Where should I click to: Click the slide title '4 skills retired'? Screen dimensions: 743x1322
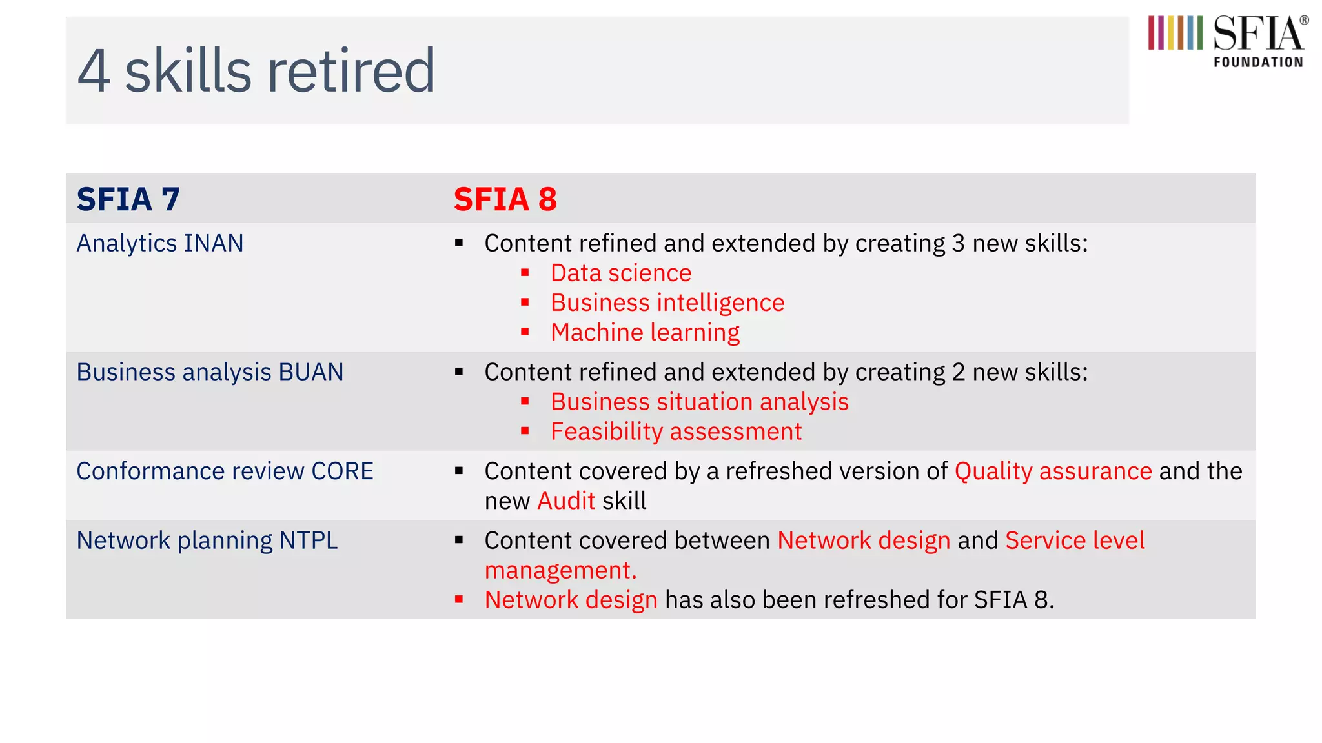tap(256, 71)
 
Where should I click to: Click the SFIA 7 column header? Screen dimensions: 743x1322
tap(128, 199)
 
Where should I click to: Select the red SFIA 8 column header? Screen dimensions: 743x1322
tap(505, 199)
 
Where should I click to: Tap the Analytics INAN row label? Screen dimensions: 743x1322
tap(160, 243)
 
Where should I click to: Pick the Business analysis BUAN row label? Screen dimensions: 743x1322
tap(210, 372)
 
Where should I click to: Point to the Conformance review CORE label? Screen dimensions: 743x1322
tap(225, 471)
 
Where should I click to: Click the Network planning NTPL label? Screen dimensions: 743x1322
tap(207, 540)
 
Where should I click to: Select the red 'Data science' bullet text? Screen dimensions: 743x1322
tap(620, 273)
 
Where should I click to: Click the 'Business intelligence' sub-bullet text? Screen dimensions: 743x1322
tap(667, 302)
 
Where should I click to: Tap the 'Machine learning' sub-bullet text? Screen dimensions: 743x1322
tap(645, 332)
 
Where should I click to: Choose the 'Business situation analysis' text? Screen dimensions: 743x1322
tap(699, 402)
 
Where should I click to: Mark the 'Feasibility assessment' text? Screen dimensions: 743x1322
tap(676, 431)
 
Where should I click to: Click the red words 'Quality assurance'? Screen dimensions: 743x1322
tap(1053, 471)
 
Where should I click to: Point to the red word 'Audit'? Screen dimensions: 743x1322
tap(566, 500)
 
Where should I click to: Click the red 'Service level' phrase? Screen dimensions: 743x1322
tap(1075, 540)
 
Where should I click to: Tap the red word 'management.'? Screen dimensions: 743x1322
tap(560, 570)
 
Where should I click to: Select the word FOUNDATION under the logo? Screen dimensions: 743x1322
tap(1258, 63)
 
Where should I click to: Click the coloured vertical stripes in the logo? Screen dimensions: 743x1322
tap(1175, 33)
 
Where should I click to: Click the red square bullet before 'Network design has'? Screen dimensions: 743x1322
tap(459, 600)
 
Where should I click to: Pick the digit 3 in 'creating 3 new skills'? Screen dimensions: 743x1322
tap(958, 243)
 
